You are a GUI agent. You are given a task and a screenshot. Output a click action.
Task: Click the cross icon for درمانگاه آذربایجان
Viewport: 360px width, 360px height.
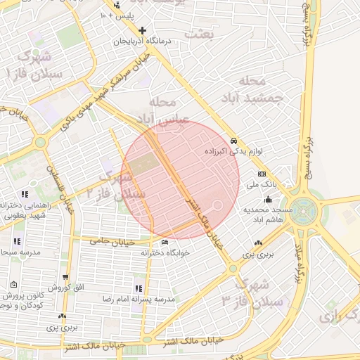[x=143, y=31]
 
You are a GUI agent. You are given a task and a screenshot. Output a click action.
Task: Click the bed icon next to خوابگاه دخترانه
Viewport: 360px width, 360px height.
[x=165, y=243]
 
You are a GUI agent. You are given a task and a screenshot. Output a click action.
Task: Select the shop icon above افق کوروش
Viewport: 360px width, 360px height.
[x=65, y=278]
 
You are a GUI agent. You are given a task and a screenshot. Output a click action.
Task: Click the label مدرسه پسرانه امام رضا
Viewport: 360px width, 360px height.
[x=168, y=299]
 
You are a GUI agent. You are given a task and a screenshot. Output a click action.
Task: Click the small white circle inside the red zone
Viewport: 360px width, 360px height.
[x=217, y=205]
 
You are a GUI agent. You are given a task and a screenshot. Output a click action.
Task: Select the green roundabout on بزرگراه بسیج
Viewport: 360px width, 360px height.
[x=305, y=210]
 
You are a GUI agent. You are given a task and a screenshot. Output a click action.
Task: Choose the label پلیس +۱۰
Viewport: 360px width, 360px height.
[x=121, y=15]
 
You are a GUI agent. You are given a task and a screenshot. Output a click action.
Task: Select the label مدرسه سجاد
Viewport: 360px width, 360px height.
[x=13, y=251]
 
